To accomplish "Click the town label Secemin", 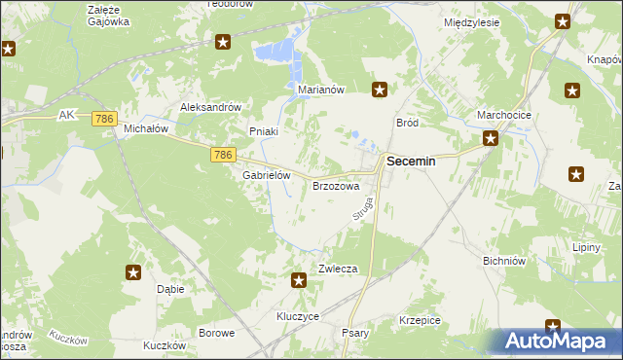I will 411,163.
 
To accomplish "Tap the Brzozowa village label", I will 336,185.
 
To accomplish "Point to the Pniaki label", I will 264,131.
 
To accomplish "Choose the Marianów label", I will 321,90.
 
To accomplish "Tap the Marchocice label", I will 503,115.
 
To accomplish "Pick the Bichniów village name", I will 504,261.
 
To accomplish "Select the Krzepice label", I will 420,320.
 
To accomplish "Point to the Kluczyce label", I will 298,317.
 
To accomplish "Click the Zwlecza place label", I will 339,269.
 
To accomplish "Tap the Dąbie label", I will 170,289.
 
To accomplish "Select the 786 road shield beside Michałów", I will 105,119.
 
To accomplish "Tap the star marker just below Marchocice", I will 492,138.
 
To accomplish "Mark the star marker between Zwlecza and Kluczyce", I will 299,281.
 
